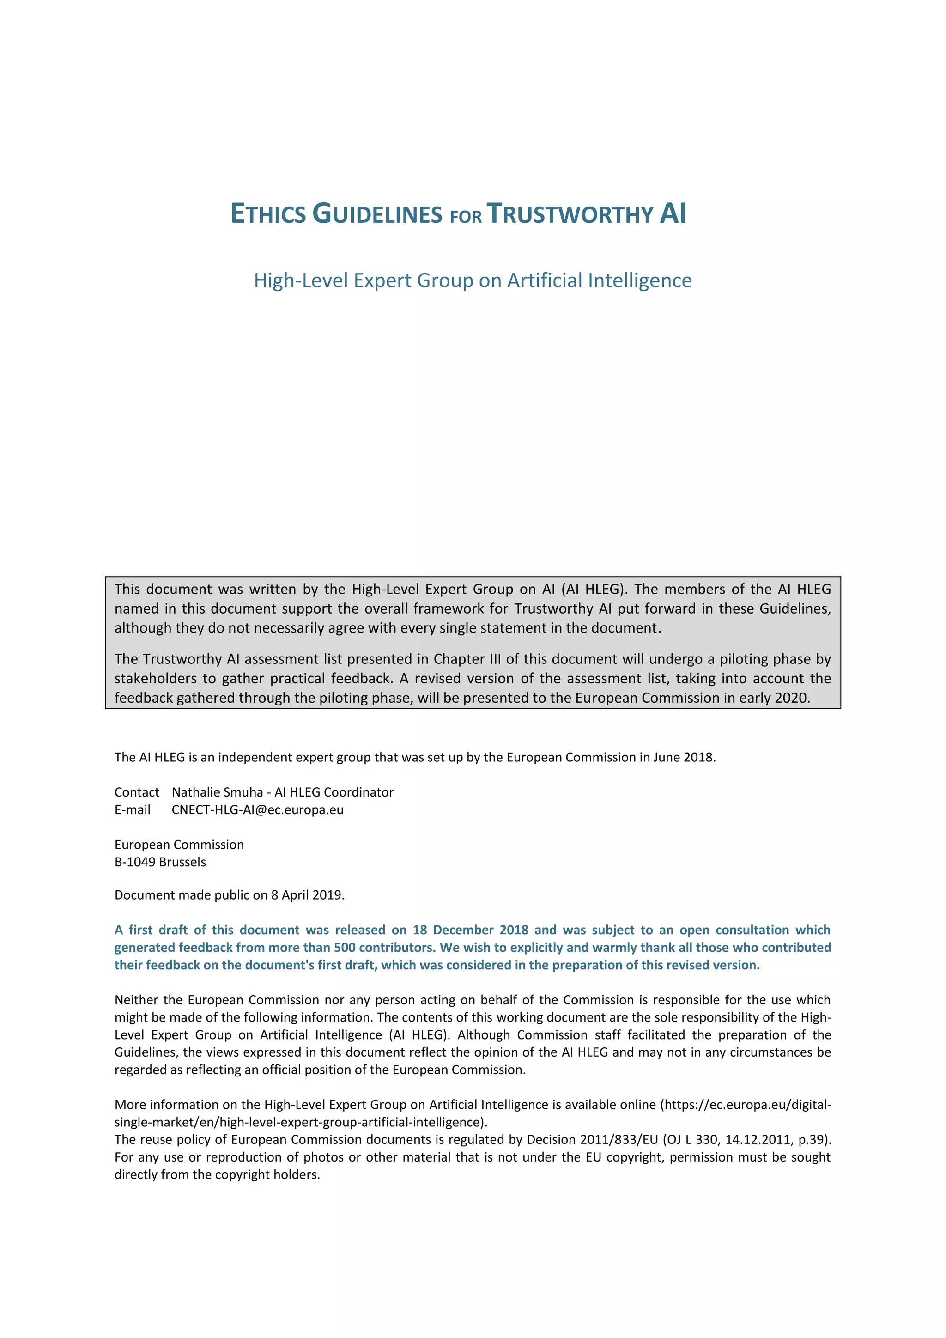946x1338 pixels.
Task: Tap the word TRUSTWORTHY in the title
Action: tap(570, 214)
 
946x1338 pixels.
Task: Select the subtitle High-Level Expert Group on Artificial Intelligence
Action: tap(473, 280)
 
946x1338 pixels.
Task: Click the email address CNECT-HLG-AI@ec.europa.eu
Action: tap(257, 809)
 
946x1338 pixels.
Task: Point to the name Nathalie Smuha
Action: tap(217, 792)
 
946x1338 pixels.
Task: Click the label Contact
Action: tap(137, 792)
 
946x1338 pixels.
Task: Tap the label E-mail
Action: tap(132, 809)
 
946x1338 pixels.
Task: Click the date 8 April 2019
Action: tap(308, 894)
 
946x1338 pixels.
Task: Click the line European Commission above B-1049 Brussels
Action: tap(179, 845)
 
